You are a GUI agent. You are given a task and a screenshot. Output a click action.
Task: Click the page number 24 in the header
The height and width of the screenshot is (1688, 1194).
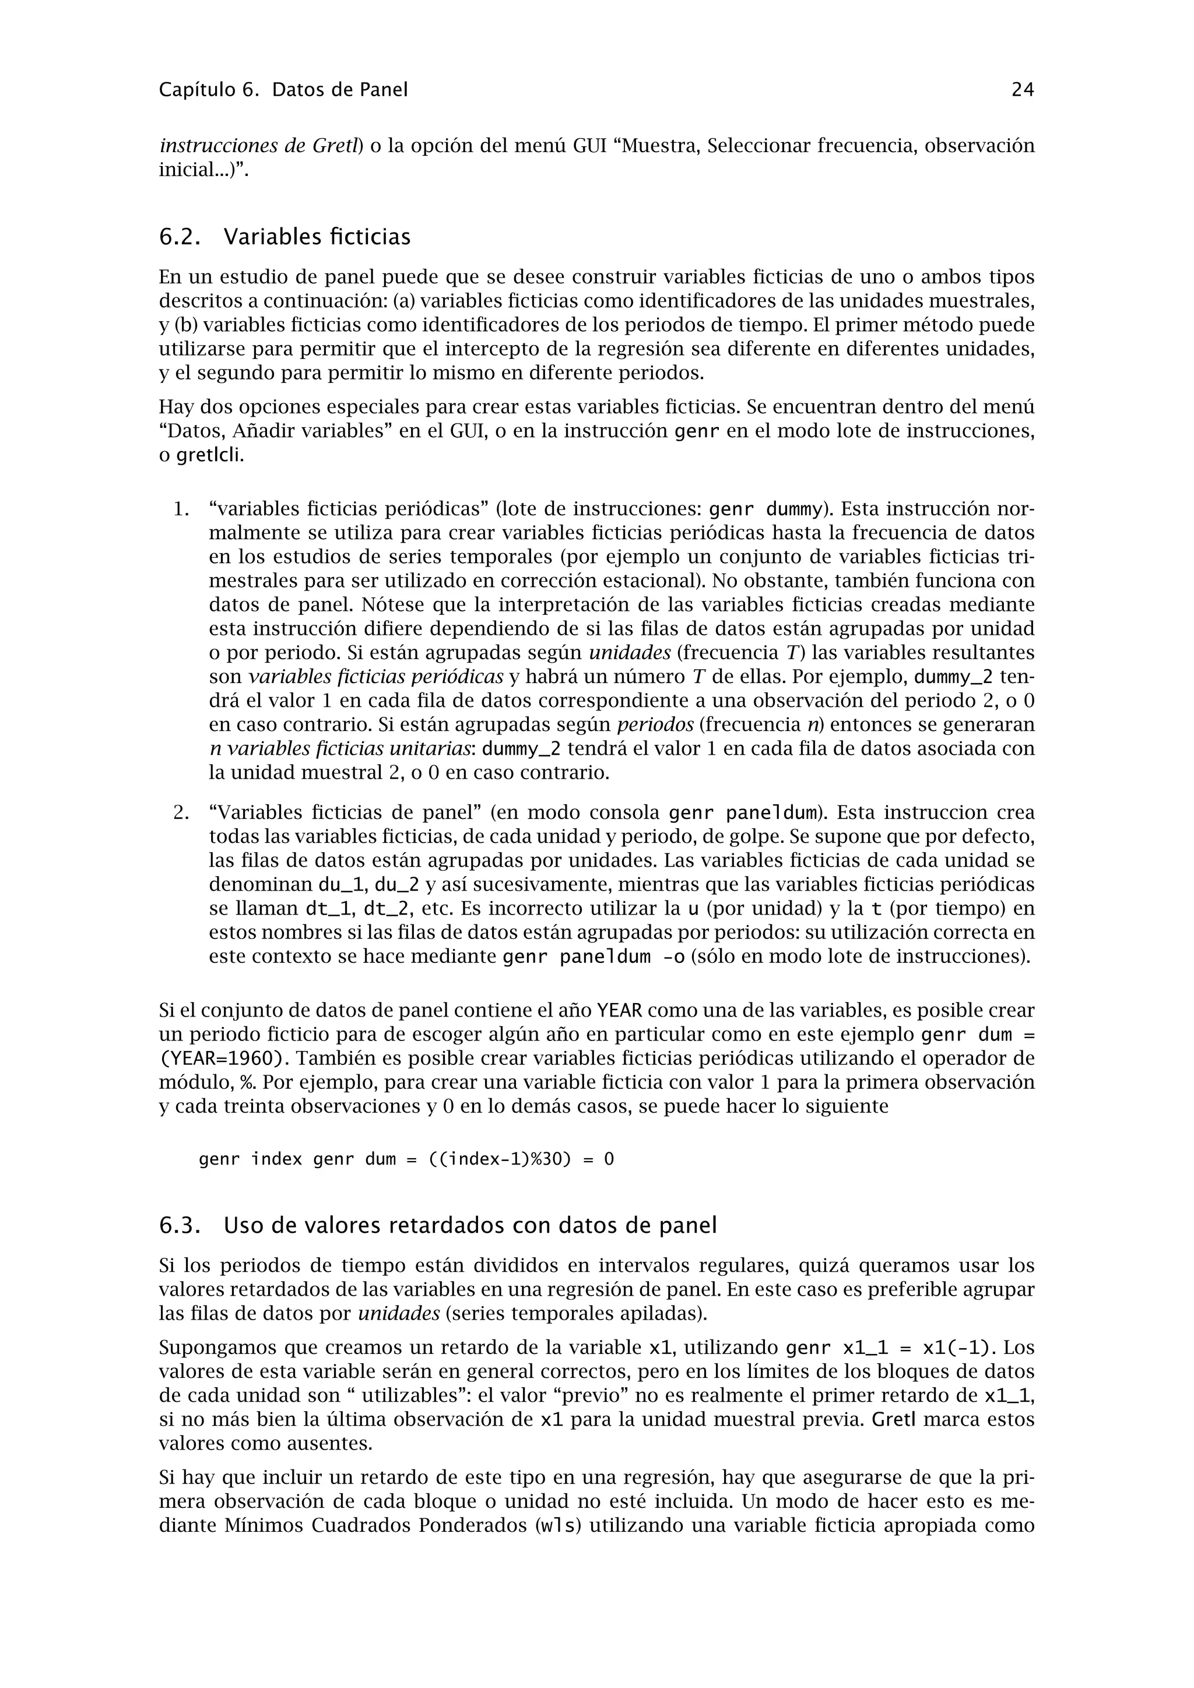[1023, 90]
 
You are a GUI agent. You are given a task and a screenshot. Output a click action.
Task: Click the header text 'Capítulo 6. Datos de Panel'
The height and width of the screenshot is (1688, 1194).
[283, 90]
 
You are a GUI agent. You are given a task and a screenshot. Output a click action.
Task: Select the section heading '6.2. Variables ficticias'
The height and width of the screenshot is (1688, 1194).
[285, 237]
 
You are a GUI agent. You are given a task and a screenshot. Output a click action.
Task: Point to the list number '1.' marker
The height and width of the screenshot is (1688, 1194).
[181, 509]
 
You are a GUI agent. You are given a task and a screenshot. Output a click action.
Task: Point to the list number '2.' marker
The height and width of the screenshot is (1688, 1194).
[181, 813]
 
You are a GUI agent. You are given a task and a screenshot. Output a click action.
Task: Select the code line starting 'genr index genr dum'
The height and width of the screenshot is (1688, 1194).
[406, 1160]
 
